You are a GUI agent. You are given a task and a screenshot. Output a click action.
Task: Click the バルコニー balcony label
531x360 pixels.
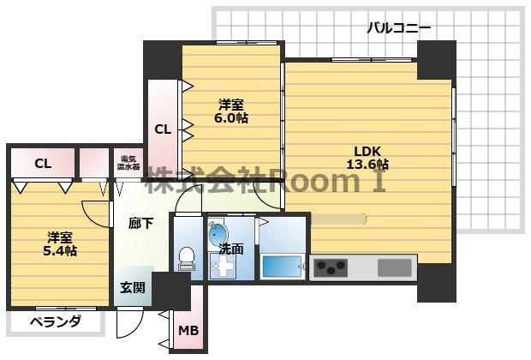pyautogui.click(x=399, y=27)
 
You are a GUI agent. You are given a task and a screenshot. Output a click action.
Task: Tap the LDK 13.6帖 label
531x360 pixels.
pyautogui.click(x=367, y=158)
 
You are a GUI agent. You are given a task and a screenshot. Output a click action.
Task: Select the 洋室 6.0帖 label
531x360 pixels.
pyautogui.click(x=231, y=111)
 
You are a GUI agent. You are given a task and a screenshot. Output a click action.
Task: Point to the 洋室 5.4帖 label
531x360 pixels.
pyautogui.click(x=60, y=244)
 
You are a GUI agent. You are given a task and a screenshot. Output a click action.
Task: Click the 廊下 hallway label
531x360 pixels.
pyautogui.click(x=140, y=223)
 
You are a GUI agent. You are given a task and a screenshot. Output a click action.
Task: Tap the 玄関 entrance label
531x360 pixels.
pyautogui.click(x=133, y=287)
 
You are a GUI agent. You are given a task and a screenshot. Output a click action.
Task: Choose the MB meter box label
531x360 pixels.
pyautogui.click(x=188, y=330)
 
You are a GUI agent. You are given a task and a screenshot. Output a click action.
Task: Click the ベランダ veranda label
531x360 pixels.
pyautogui.click(x=56, y=321)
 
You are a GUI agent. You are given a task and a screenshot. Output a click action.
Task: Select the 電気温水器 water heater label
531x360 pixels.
pyautogui.click(x=128, y=163)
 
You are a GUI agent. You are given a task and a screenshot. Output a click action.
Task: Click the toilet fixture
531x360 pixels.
pyautogui.click(x=186, y=259)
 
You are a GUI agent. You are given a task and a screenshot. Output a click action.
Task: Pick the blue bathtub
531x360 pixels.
pyautogui.click(x=283, y=267)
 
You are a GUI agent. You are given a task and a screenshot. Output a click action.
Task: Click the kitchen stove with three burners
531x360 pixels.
pyautogui.click(x=331, y=267)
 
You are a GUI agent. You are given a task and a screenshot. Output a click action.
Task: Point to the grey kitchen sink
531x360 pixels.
pyautogui.click(x=395, y=267)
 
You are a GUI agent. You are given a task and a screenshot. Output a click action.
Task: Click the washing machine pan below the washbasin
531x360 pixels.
pyautogui.click(x=222, y=266)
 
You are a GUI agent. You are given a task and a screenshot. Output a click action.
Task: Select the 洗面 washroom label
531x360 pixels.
pyautogui.click(x=231, y=249)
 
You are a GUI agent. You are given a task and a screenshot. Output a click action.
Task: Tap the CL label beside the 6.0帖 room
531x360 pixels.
pyautogui.click(x=163, y=129)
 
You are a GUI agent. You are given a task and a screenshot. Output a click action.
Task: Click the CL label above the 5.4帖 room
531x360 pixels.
pyautogui.click(x=43, y=164)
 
